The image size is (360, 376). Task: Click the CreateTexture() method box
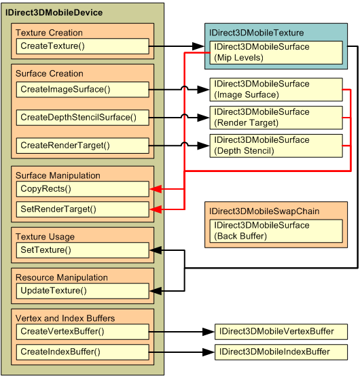tap(82, 46)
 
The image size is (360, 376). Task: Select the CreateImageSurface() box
tap(82, 89)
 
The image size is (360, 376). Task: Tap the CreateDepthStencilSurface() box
tap(82, 118)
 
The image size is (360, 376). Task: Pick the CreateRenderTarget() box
tap(82, 146)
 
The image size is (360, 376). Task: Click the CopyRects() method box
tap(82, 188)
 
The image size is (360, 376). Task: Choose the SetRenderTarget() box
tap(82, 209)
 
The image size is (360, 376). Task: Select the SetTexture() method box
tap(82, 250)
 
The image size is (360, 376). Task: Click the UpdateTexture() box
tap(82, 291)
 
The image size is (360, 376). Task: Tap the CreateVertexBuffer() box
tap(82, 332)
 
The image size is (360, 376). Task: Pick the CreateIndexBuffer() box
tap(82, 352)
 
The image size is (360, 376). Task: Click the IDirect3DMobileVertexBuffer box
tap(281, 332)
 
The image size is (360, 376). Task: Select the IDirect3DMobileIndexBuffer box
tap(281, 352)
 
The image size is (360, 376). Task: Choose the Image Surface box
tap(276, 89)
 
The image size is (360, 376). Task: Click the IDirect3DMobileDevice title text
tap(54, 13)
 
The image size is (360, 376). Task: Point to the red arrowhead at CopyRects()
tap(155, 188)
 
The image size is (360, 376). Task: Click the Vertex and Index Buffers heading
tap(65, 318)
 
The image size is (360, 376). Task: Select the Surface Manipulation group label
tap(58, 175)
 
